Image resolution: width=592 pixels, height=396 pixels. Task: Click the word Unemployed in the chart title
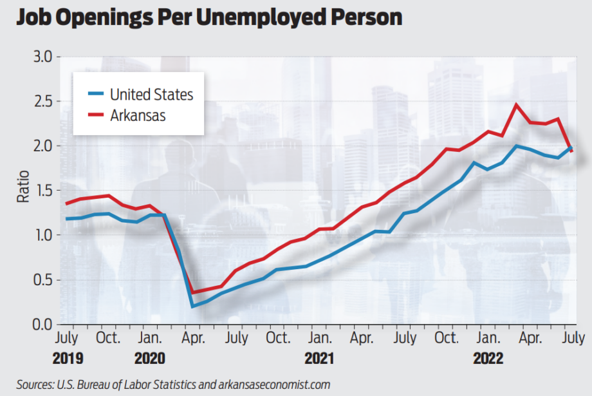(x=248, y=17)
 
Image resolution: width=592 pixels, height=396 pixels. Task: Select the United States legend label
(x=151, y=95)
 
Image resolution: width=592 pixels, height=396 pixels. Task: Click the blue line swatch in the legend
(x=96, y=95)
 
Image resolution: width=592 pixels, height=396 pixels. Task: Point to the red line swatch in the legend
(x=96, y=116)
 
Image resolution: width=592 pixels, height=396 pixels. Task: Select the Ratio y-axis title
(x=23, y=190)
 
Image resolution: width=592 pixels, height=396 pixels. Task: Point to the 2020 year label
(x=150, y=358)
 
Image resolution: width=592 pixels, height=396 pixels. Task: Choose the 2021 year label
(x=320, y=358)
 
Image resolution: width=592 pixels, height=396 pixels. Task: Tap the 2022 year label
(x=489, y=358)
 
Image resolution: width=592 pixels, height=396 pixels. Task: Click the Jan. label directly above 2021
(x=320, y=337)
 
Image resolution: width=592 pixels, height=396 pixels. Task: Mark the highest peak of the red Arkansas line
(x=515, y=104)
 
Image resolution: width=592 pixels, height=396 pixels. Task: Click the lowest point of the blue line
(x=193, y=306)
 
